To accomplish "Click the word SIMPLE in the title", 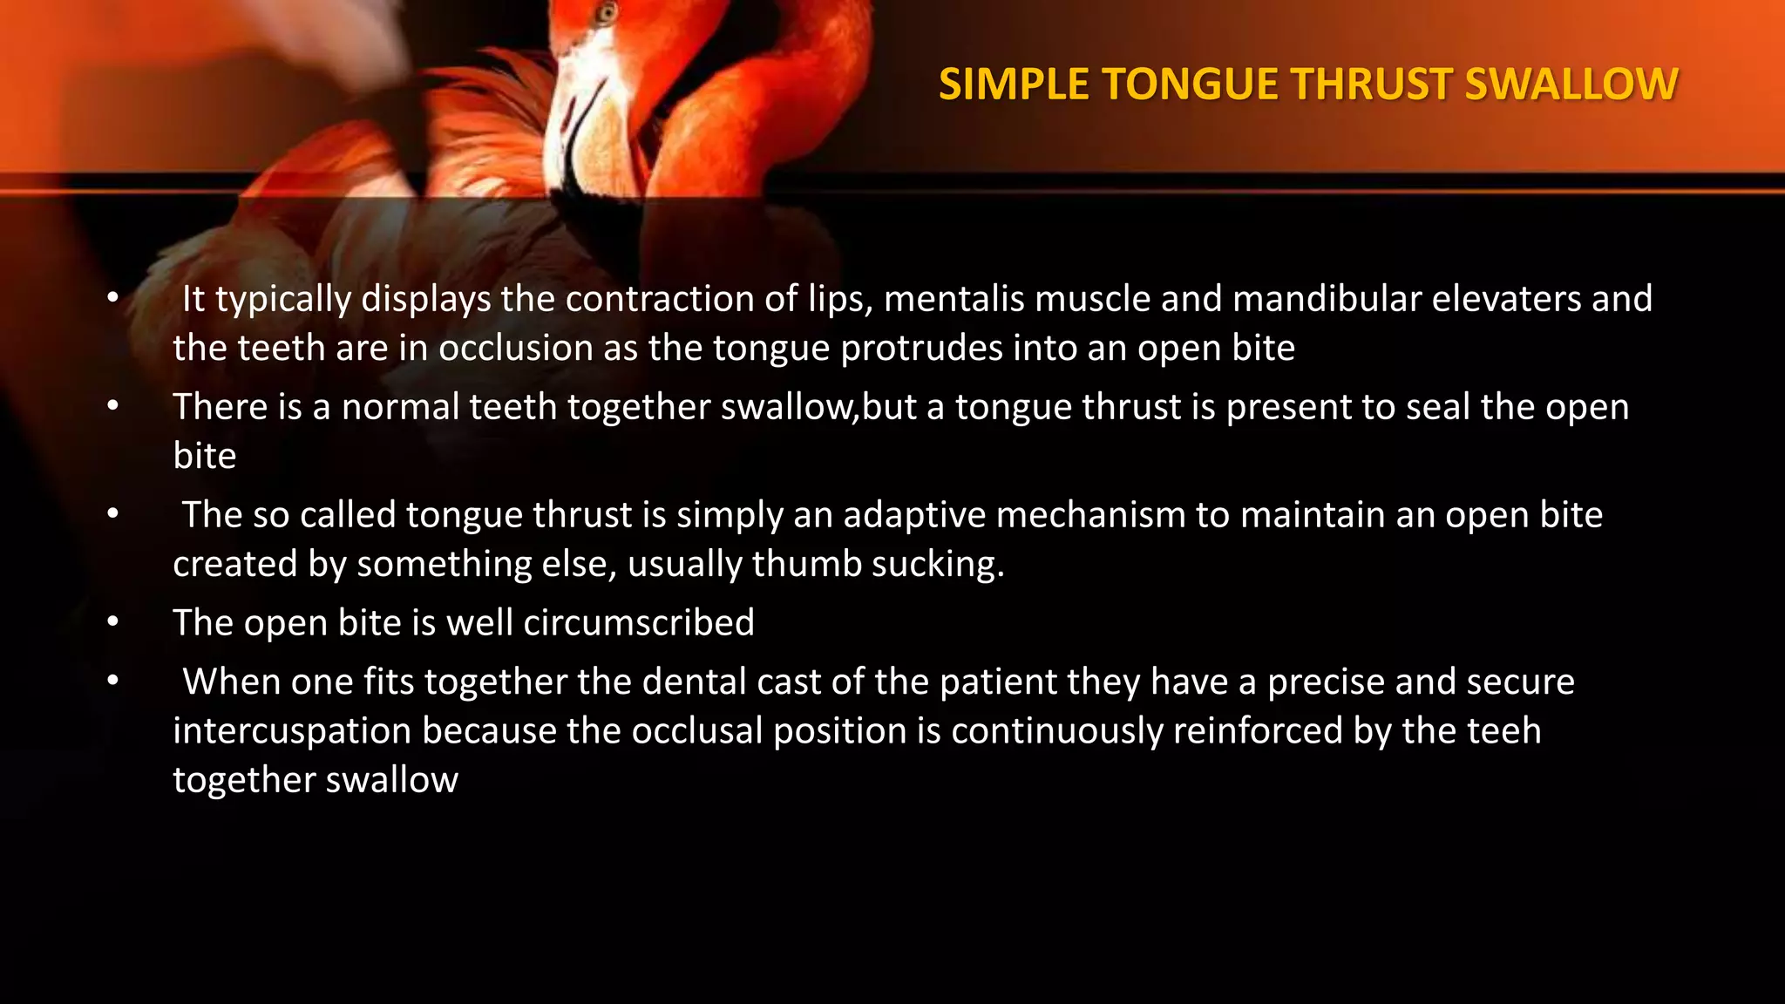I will [1014, 85].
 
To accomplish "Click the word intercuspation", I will [292, 731].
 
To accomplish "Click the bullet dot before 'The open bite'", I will [112, 622].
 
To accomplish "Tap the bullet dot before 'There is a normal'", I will [112, 406].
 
